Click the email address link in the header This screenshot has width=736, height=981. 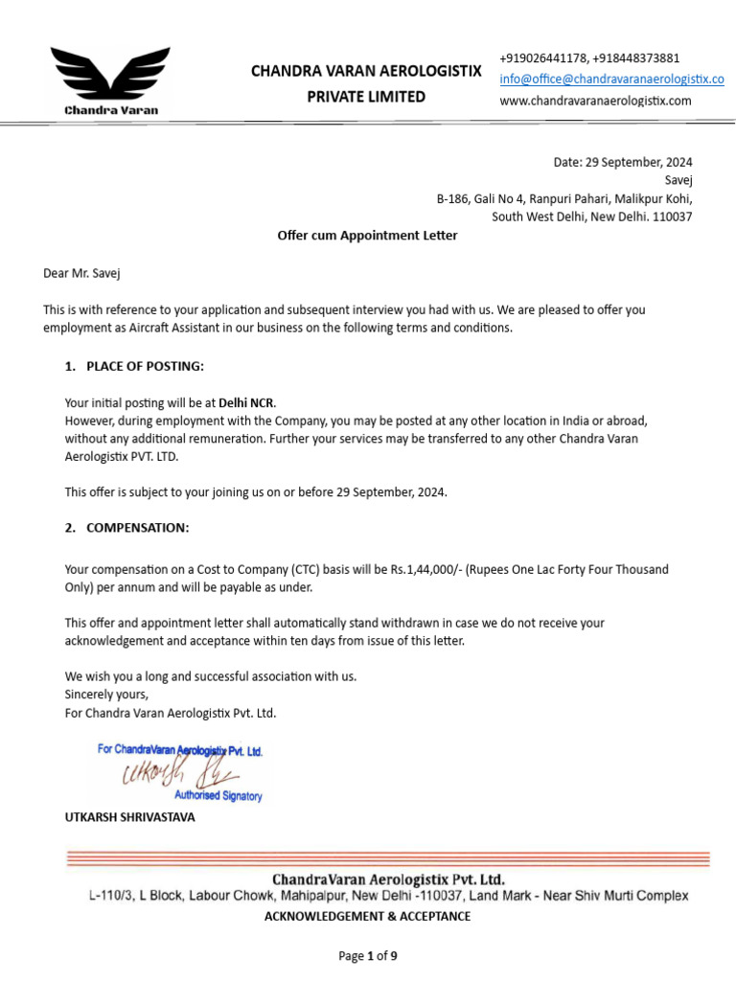point(611,79)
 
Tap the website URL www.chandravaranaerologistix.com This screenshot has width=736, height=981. point(595,101)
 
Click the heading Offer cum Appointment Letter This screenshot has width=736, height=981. point(367,236)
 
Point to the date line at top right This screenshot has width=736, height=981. point(623,162)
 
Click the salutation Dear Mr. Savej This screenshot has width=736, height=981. point(82,273)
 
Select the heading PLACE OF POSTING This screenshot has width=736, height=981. point(145,366)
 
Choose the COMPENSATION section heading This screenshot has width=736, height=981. point(137,528)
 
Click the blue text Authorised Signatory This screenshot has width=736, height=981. point(218,796)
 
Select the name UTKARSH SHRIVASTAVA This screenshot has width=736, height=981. point(129,817)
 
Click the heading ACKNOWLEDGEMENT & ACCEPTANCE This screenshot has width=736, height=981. point(367,917)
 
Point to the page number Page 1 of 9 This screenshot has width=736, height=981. point(368,956)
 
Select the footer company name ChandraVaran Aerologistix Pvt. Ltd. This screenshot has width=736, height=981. point(388,878)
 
